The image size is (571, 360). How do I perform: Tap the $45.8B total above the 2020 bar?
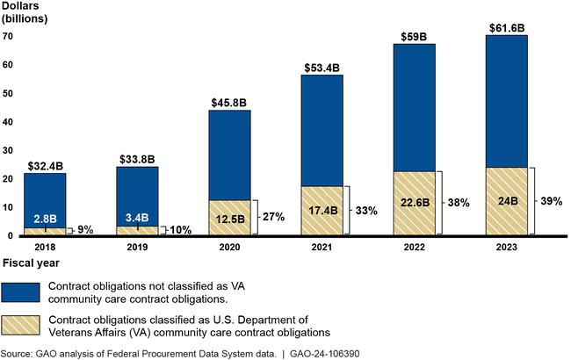[x=230, y=102]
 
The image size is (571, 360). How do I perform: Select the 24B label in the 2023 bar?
[x=507, y=200]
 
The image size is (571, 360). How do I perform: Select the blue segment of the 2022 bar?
[x=415, y=107]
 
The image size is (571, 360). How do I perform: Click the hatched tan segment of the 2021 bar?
[x=323, y=211]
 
